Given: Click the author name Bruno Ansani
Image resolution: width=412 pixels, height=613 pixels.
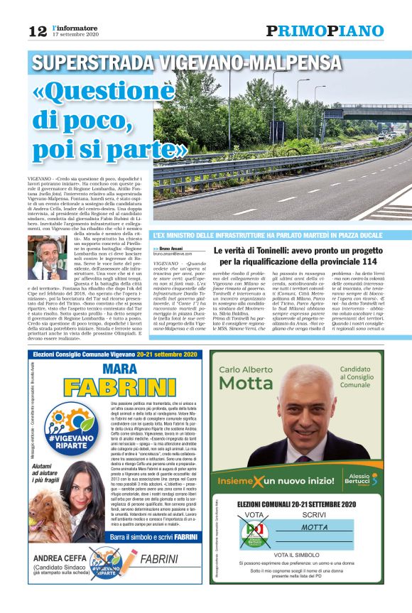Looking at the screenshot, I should click(x=173, y=249).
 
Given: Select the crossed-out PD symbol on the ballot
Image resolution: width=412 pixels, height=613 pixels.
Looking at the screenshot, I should click(x=253, y=533).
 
